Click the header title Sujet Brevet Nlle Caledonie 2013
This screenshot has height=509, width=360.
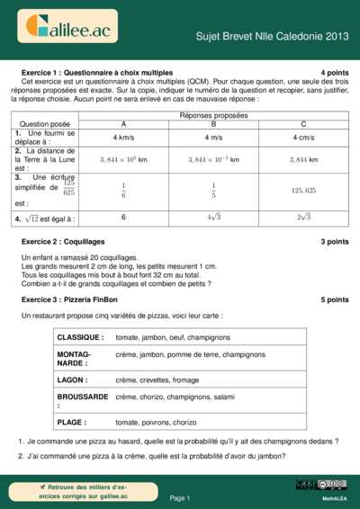(272, 36)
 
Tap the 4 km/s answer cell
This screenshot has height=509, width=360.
(123, 138)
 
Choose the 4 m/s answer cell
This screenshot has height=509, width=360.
(213, 138)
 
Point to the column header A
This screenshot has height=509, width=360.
(123, 124)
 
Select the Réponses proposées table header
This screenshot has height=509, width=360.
(213, 116)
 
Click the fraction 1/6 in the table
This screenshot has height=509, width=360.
(123, 190)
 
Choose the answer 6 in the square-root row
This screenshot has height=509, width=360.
(123, 217)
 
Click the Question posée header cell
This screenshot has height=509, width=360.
(45, 124)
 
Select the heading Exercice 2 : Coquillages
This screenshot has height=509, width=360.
(63, 242)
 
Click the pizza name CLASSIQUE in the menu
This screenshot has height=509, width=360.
(81, 337)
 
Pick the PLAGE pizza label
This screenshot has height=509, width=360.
(72, 422)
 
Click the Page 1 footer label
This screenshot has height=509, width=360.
(180, 497)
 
